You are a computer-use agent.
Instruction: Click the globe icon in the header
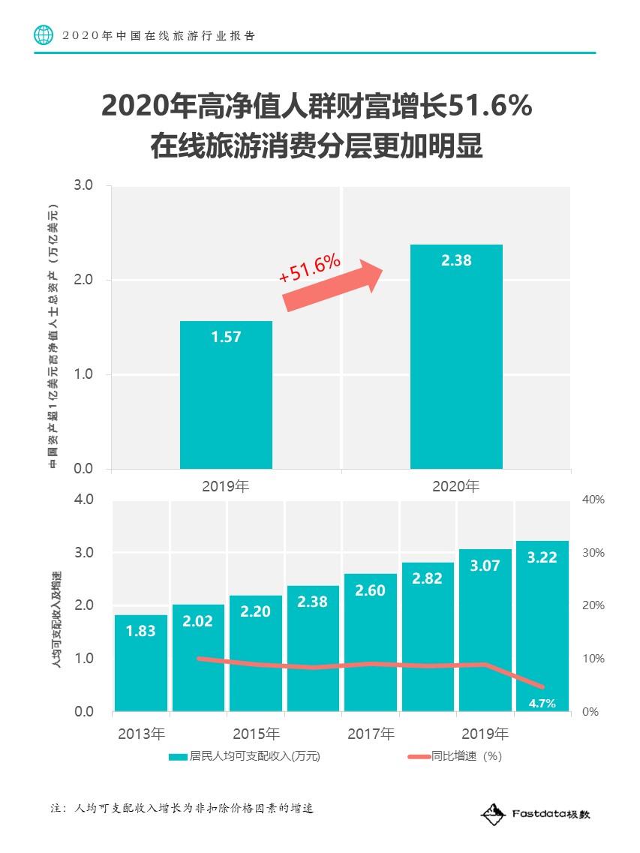(44, 35)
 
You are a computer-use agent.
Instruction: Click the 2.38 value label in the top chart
(456, 261)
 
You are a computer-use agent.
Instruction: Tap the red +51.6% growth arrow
(330, 283)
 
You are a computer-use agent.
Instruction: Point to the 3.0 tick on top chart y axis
(83, 185)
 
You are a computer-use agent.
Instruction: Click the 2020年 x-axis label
(455, 486)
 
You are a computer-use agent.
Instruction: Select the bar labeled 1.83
(140, 663)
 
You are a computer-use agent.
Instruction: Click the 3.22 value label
(542, 557)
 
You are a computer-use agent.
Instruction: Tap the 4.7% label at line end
(542, 703)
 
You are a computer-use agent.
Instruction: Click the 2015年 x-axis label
(256, 733)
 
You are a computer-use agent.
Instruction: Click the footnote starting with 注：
(181, 809)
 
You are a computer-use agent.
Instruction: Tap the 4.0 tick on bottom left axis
(83, 500)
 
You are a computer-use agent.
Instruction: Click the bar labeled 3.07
(485, 630)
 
